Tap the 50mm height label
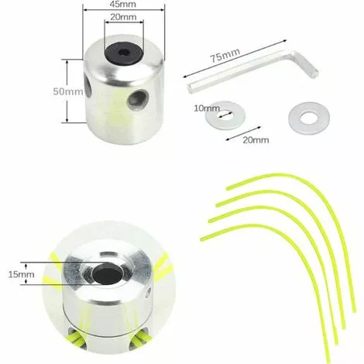click(53, 91)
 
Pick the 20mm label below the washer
click(255, 139)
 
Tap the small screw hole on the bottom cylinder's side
click(148, 293)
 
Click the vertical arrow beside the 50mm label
click(70, 91)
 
